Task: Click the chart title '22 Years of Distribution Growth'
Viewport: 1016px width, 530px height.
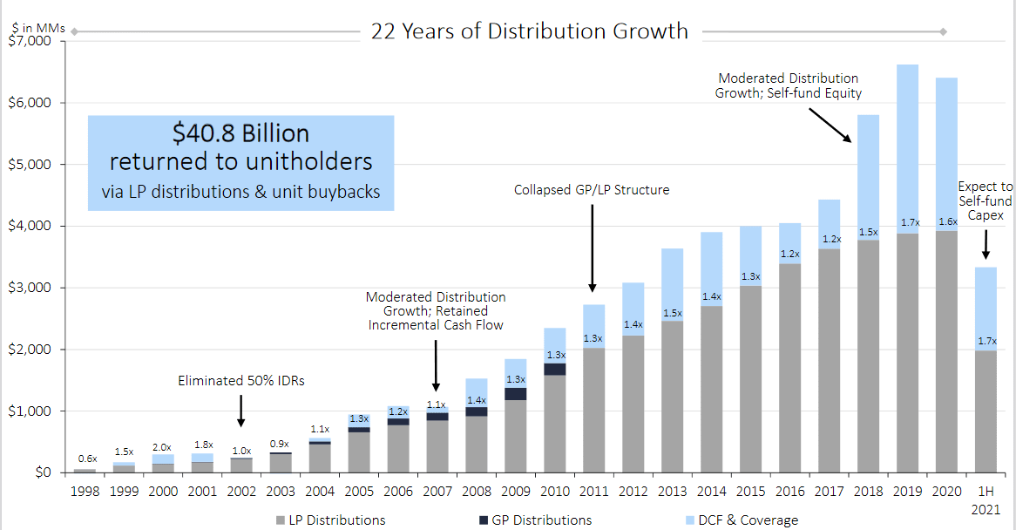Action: click(x=530, y=31)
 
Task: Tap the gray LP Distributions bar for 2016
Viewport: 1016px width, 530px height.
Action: click(x=789, y=366)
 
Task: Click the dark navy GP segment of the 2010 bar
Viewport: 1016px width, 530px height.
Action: click(x=554, y=369)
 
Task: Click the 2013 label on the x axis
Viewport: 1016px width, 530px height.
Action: click(x=672, y=492)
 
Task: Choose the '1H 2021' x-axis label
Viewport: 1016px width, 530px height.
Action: click(x=986, y=499)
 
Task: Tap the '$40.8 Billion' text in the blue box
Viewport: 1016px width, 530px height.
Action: click(x=240, y=133)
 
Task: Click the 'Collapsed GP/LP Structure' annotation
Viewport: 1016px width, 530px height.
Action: click(x=592, y=189)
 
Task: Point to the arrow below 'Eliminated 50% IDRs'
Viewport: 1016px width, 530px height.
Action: click(x=241, y=410)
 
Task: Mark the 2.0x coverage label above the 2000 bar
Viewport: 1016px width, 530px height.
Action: click(x=163, y=446)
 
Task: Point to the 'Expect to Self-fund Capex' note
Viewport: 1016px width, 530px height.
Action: click(x=986, y=201)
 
